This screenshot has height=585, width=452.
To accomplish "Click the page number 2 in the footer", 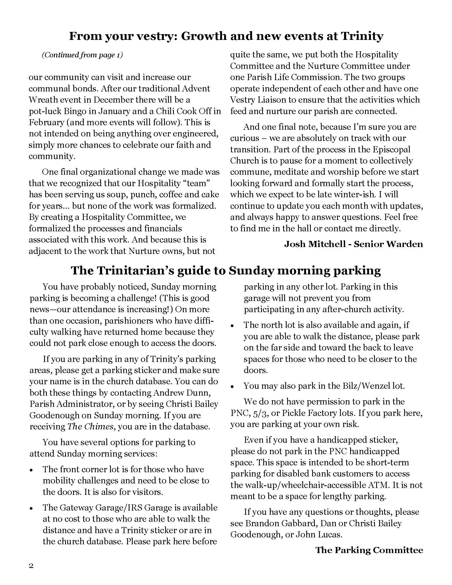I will (x=31, y=566).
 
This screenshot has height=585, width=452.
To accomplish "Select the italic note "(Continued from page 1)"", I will (x=82, y=55).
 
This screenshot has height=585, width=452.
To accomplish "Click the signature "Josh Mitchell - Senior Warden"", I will (x=353, y=244).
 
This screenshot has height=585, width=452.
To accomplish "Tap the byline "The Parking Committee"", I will (x=369, y=550).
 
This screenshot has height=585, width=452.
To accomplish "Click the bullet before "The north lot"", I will (x=232, y=326).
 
